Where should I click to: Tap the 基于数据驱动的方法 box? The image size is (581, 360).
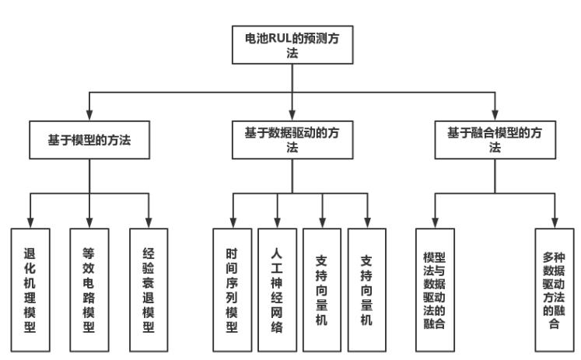(x=292, y=141)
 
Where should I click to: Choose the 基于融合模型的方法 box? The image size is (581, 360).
(x=495, y=141)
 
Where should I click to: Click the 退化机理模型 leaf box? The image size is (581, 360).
(x=30, y=289)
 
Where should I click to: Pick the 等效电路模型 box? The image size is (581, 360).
(x=89, y=289)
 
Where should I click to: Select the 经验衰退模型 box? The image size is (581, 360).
(x=149, y=289)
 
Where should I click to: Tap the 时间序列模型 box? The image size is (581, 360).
(x=233, y=289)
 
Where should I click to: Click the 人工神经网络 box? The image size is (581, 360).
(x=278, y=289)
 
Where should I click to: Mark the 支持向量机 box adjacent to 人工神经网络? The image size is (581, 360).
(x=323, y=289)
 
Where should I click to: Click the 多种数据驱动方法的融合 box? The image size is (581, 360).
(x=555, y=289)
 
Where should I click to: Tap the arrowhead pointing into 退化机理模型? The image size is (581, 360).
(x=30, y=221)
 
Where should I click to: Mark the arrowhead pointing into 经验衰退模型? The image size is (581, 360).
(x=149, y=221)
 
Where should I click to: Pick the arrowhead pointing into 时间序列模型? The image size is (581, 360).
(x=233, y=221)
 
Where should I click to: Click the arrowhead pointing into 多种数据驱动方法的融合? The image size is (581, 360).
(x=555, y=221)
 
